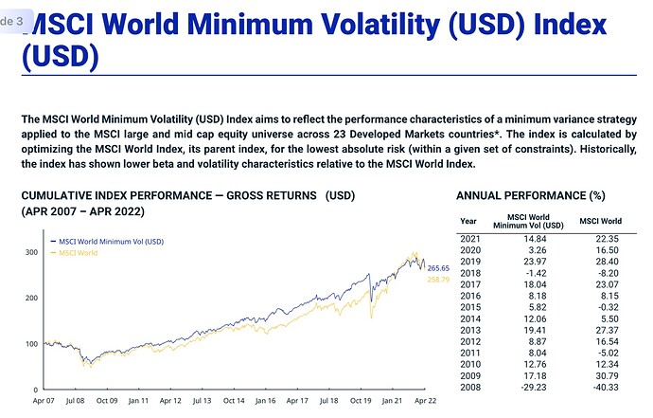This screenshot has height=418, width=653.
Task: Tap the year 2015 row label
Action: [471, 307]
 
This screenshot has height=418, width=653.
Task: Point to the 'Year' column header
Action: [468, 222]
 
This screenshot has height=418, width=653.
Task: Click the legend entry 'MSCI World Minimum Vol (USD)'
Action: [112, 242]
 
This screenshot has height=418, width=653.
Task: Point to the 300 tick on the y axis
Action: [30, 252]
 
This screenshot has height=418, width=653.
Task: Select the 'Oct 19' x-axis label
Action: [362, 401]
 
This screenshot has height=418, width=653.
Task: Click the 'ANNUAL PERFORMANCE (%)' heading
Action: [530, 195]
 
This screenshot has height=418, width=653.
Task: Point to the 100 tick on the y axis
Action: [30, 343]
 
